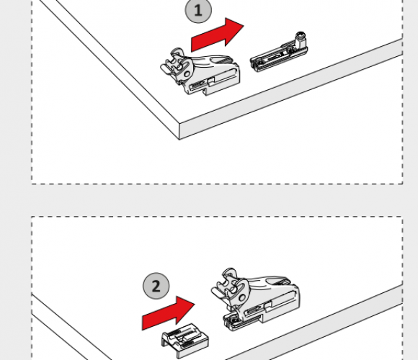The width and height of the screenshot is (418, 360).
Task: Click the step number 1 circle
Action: (198, 11)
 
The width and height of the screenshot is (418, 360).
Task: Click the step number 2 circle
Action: (156, 286)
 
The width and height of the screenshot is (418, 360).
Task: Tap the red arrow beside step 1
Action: (217, 35)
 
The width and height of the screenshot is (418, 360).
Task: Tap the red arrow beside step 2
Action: (169, 313)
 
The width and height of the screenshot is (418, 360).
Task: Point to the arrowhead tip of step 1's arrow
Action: (244, 26)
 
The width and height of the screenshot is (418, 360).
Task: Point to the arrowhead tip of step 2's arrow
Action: (195, 304)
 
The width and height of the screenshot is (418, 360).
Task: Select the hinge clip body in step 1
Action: (200, 71)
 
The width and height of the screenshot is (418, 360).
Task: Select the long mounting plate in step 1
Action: (279, 55)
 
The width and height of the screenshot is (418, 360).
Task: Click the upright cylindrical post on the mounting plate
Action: (301, 40)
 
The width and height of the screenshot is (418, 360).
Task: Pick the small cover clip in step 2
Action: (184, 341)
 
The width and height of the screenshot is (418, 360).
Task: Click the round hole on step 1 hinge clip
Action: (187, 73)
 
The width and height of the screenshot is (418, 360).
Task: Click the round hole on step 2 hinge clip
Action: (242, 297)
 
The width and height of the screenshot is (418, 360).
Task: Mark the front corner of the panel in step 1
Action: (179, 124)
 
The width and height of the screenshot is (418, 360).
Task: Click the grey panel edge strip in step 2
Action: (314, 322)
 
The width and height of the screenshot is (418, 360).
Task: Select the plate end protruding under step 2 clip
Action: (231, 320)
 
